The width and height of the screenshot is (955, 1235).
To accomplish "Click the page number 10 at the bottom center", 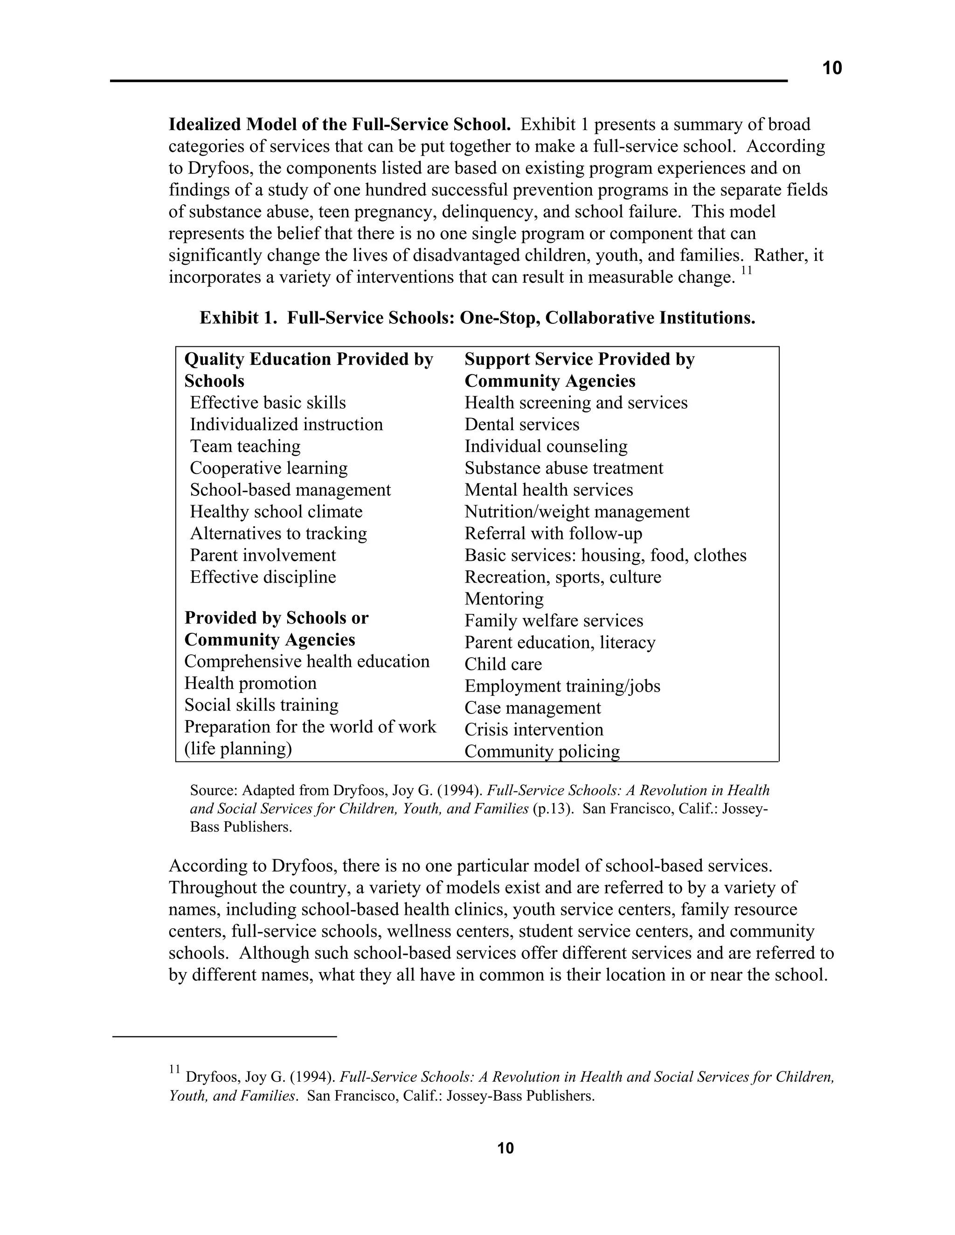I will (x=505, y=1148).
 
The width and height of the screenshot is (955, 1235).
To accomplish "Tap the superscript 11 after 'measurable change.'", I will (x=746, y=271).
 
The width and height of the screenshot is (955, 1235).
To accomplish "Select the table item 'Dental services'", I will (x=522, y=424).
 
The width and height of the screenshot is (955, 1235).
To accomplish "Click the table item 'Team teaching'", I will (x=245, y=446).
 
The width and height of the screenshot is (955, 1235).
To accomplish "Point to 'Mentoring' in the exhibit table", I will (x=504, y=598).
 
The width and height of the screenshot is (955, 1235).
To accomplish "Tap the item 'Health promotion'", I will (x=250, y=683).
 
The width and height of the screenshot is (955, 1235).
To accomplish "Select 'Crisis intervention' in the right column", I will (x=533, y=729).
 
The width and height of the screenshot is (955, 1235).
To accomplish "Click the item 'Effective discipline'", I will (x=263, y=577).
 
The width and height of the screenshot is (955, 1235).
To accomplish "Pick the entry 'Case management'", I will (x=533, y=708).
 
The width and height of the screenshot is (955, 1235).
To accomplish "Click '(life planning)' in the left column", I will (x=238, y=749).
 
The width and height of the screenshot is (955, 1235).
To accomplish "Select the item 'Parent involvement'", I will (x=263, y=556).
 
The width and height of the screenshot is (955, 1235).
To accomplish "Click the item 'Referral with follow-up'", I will (x=553, y=533).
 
